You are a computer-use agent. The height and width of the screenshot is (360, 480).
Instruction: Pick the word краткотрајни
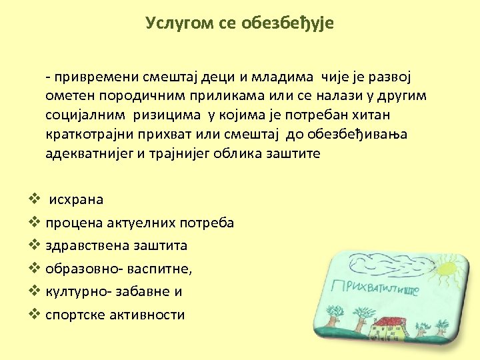click(92, 135)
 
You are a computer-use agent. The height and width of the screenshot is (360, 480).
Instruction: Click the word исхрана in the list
click(77, 199)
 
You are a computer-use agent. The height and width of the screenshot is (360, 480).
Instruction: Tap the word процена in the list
click(74, 223)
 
